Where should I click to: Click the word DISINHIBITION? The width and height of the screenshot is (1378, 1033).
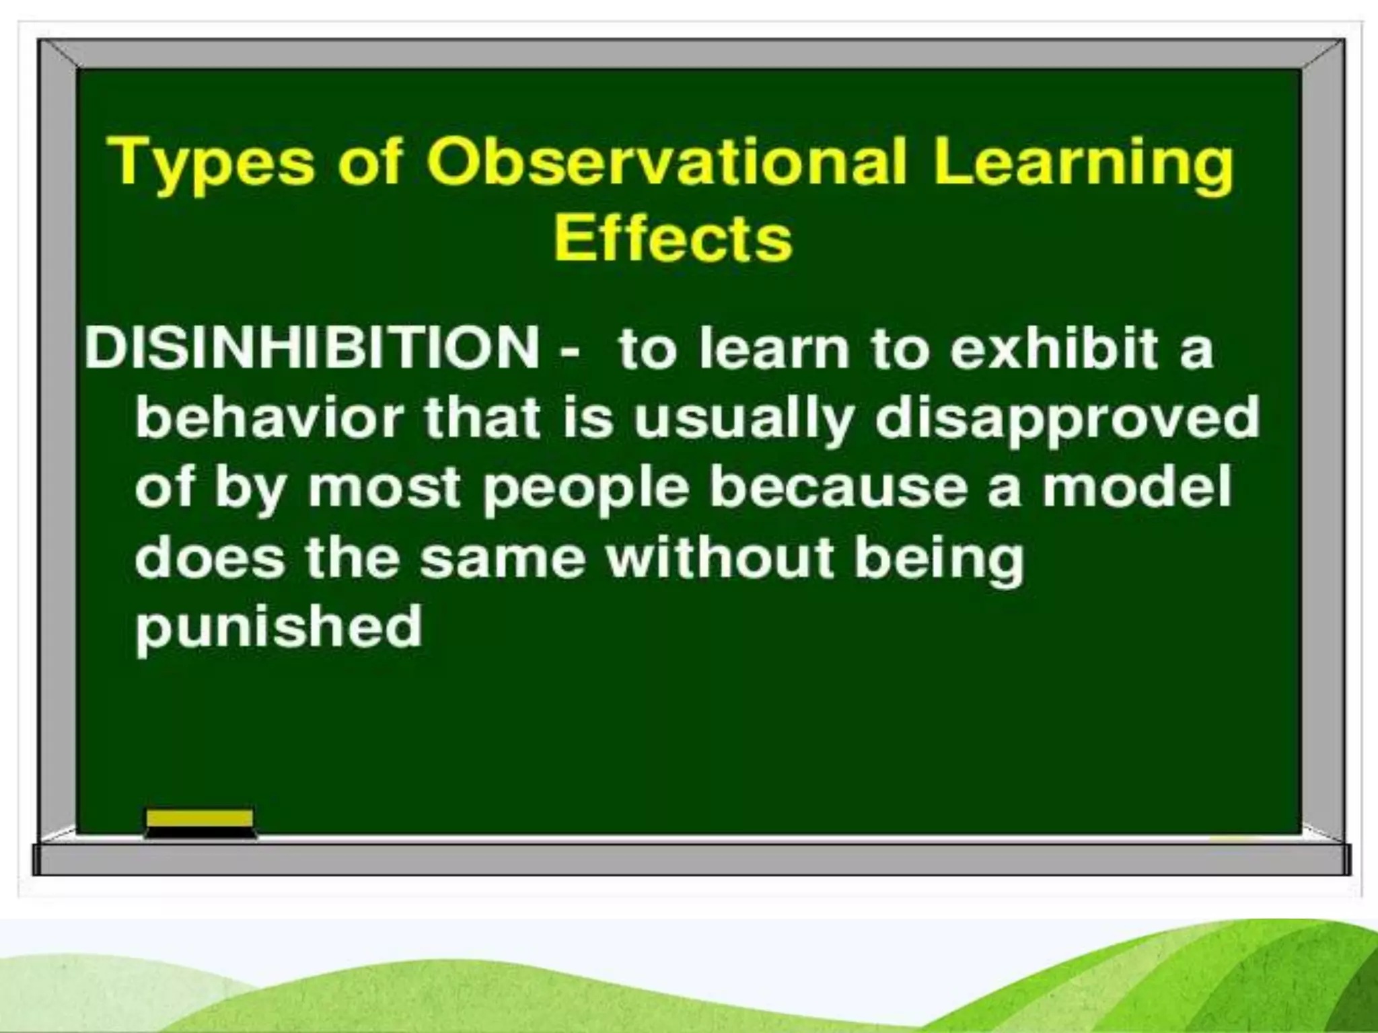tap(311, 348)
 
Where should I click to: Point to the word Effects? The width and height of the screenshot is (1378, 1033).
tap(673, 239)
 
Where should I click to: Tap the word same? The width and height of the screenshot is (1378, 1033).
tap(503, 558)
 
